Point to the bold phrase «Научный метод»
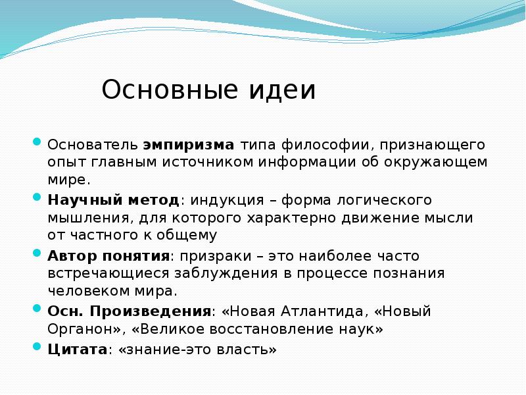coord(113,199)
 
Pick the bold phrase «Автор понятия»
coord(108,255)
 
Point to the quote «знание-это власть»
coord(197,350)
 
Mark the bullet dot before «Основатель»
coord(37,142)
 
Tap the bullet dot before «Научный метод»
coord(37,197)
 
